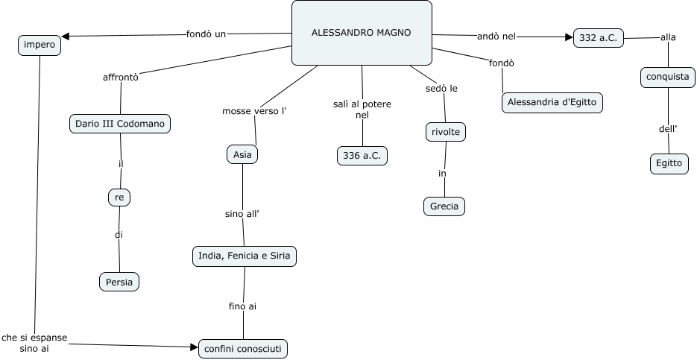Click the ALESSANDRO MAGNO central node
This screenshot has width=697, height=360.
coord(362,33)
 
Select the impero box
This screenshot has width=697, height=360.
coord(39,45)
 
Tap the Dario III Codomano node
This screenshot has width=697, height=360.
coord(120,124)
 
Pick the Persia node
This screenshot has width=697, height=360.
coord(119,282)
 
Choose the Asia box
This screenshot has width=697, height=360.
coord(242,154)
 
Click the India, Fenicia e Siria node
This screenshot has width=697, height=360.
coord(245,256)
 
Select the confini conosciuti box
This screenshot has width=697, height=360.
coord(243,348)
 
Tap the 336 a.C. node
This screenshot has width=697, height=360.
coord(362,155)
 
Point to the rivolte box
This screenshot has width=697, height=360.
coord(446,132)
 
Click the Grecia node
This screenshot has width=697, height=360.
coord(444,206)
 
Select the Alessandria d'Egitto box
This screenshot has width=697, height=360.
coord(552,102)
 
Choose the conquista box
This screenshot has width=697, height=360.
coord(668,77)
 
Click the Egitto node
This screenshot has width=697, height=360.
coord(668,163)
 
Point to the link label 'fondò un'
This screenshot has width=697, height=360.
coord(206,34)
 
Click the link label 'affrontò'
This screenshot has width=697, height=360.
coord(120,76)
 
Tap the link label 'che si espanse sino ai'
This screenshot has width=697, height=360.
coord(34,343)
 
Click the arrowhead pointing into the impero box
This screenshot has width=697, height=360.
coord(66,36)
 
